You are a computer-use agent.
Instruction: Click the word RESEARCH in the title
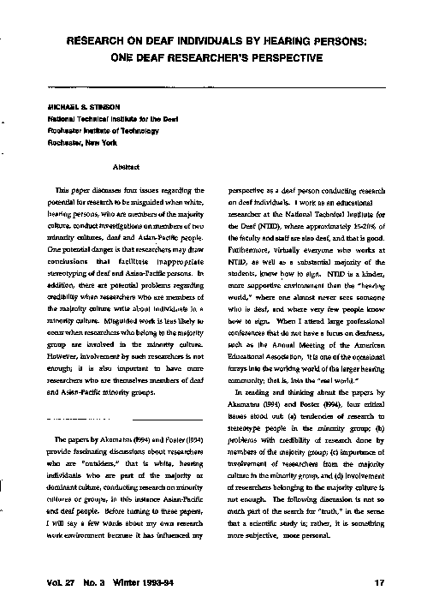pyautogui.click(x=102, y=42)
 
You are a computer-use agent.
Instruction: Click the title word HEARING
pyautogui.click(x=282, y=42)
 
